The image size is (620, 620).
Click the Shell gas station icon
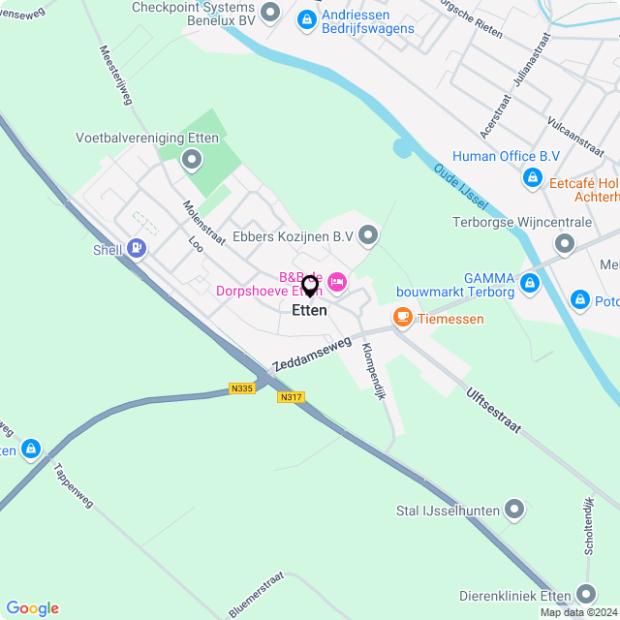click(x=136, y=249)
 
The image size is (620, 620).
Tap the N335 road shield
click(x=242, y=388)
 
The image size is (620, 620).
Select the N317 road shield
click(x=290, y=397)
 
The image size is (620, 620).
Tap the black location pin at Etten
click(x=310, y=286)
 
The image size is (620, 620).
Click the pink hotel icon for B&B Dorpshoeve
click(x=337, y=282)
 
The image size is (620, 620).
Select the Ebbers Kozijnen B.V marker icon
click(x=368, y=234)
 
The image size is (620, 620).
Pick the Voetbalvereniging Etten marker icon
click(x=192, y=159)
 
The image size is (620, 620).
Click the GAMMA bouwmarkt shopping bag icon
click(x=529, y=283)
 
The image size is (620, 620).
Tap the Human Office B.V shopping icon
click(x=532, y=177)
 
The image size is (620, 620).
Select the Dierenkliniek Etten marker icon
click(x=585, y=593)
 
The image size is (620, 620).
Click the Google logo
click(x=33, y=607)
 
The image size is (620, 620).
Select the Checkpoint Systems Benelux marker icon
click(x=270, y=12)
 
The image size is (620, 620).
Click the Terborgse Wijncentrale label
click(x=522, y=223)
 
